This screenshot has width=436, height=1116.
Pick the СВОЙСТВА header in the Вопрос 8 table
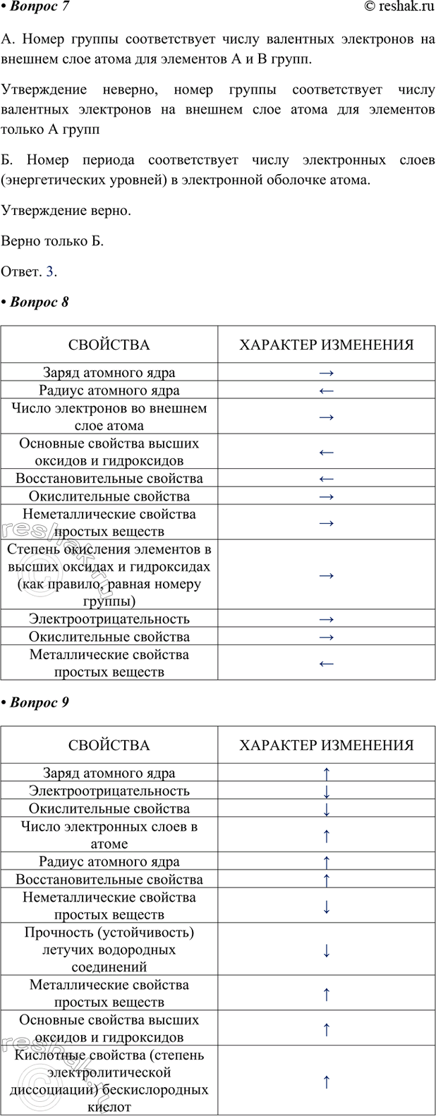pos(109,345)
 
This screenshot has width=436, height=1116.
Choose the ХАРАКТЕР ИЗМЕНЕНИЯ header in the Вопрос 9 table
pos(326,745)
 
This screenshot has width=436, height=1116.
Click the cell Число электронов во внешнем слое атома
pos(109,417)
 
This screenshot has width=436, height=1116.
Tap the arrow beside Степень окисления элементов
pos(326,575)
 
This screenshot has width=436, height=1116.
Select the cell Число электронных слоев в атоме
pos(109,835)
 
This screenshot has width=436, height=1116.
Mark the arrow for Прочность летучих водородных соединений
pos(326,950)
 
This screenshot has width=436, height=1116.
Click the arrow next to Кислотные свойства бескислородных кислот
pos(326,1081)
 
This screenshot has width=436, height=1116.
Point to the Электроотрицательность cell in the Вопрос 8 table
pos(109,619)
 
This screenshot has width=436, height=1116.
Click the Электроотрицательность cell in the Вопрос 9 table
pos(109,791)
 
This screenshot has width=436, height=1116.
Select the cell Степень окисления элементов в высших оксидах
pos(109,575)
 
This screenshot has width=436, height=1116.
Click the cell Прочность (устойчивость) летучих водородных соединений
pos(109,950)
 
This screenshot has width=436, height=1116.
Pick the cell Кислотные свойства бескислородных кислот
pos(109,1081)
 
